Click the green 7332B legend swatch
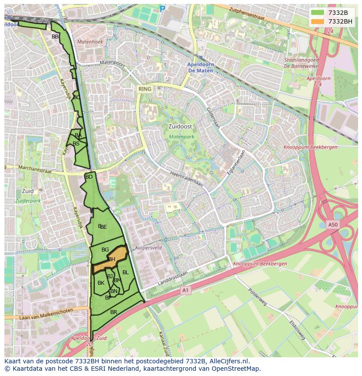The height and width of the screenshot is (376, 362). point(318,13)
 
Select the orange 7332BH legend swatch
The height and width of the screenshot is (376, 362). point(318,21)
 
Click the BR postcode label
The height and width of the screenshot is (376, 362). point(114,312)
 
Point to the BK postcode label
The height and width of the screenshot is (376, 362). point(101,283)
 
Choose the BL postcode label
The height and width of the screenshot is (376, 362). point(125,273)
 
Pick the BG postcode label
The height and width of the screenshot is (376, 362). point(105,250)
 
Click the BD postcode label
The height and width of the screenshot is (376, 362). point(89,177)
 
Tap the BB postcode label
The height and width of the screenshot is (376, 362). point(55,37)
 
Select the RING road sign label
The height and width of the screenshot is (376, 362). point(145,89)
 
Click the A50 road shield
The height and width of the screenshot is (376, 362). point(333,224)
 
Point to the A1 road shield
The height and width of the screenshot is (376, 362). point(185,290)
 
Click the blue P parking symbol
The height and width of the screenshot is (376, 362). point(163,8)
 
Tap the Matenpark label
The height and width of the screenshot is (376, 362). point(181,137)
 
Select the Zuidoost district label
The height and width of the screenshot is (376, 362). point(180,126)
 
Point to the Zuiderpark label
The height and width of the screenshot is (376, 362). point(28,201)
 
